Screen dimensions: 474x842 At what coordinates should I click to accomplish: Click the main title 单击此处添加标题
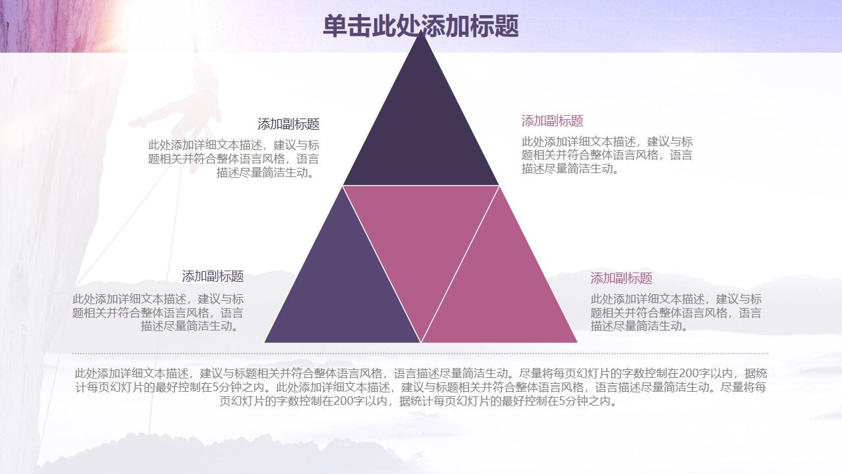coord(421,26)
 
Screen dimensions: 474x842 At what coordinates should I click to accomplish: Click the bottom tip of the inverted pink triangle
coord(421,339)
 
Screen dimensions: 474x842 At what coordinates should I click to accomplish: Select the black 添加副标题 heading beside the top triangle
coord(288,124)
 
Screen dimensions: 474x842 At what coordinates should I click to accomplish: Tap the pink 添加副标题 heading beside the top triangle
coord(553,121)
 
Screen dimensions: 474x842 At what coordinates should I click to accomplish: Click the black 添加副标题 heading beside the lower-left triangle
coord(212,276)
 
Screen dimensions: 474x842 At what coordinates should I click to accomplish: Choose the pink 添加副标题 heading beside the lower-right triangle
coord(621,278)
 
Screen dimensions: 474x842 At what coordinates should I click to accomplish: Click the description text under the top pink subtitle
coord(607,155)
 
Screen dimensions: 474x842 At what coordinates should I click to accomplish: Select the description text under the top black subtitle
coord(234,159)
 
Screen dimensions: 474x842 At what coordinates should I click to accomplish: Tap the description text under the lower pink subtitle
coord(676,313)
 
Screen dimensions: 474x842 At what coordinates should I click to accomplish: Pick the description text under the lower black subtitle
coord(158,313)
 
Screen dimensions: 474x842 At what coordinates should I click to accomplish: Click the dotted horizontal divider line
coord(421,354)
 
